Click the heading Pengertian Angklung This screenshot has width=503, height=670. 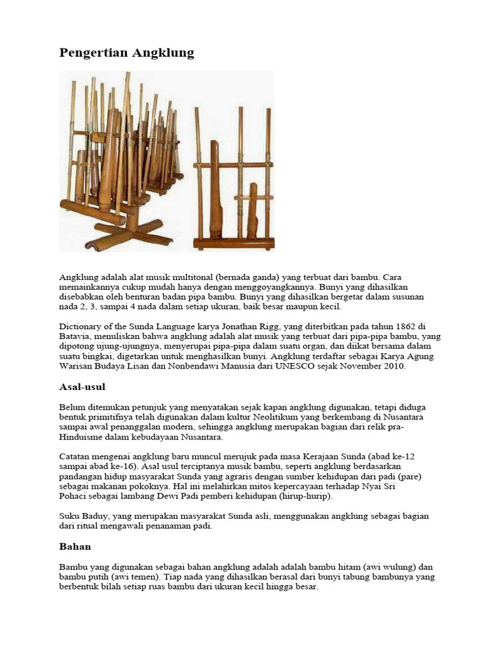coord(127,53)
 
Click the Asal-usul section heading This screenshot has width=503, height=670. coord(82,387)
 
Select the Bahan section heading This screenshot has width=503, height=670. coord(75,546)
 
